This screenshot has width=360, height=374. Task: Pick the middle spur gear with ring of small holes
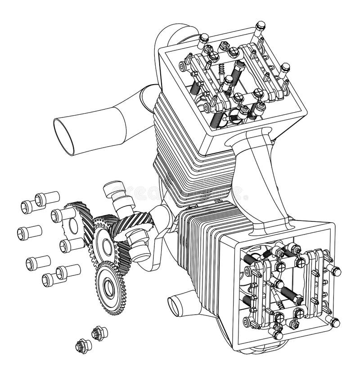[104, 244]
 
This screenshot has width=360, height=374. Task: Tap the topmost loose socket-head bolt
[46, 198]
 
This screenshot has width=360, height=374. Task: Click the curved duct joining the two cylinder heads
[261, 180]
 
